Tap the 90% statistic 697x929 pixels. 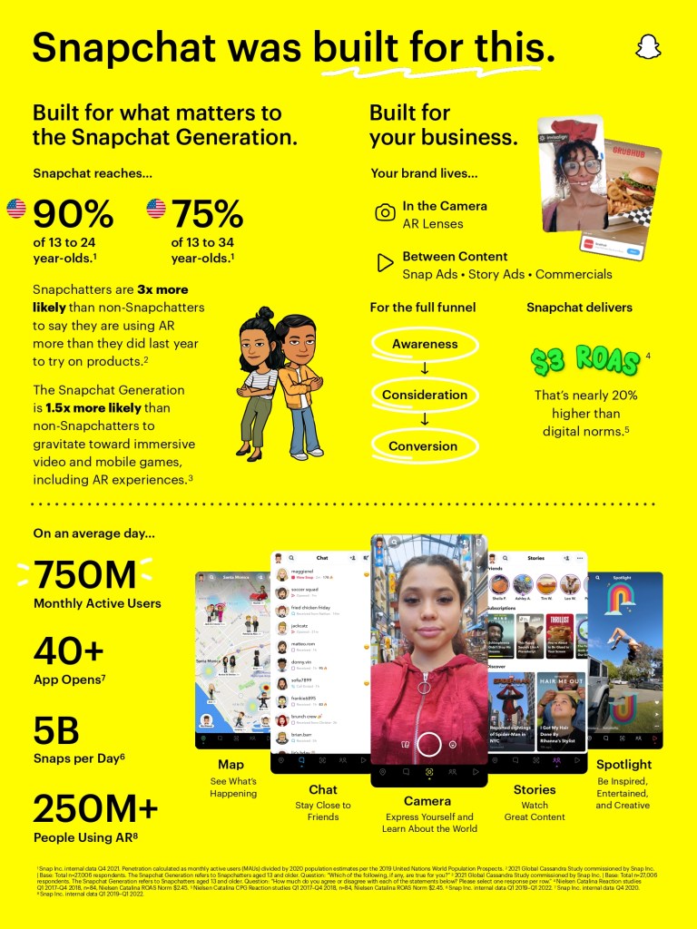(74, 214)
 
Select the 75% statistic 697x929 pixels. (208, 214)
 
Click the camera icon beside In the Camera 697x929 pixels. (385, 213)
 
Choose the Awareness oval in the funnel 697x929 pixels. (424, 344)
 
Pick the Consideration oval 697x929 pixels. (424, 395)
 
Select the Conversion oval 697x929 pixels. (424, 445)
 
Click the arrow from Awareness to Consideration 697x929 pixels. (424, 369)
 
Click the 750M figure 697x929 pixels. (85, 574)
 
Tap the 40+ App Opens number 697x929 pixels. (69, 650)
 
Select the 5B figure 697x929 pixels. (56, 730)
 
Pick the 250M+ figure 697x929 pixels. (96, 807)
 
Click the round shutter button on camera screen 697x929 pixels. (429, 744)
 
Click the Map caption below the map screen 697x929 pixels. (231, 765)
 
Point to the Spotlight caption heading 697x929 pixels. (623, 765)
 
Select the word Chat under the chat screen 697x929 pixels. (322, 789)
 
